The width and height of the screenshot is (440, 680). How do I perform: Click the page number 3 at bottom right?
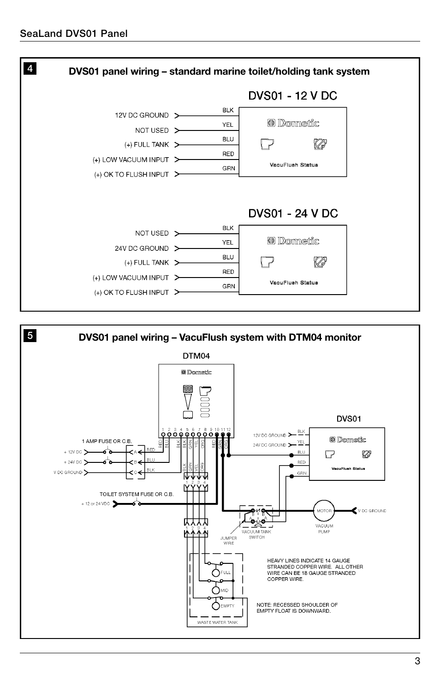click(417, 661)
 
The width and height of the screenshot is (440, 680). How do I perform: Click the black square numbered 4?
click(30, 69)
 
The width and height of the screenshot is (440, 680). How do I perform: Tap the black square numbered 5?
click(30, 336)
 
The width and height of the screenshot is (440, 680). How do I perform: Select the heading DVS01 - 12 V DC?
click(293, 96)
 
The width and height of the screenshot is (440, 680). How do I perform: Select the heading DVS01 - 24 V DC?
click(293, 213)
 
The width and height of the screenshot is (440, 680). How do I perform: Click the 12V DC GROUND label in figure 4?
click(142, 115)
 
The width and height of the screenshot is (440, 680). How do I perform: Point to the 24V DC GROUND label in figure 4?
click(142, 248)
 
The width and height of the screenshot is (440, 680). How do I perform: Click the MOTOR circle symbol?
click(324, 511)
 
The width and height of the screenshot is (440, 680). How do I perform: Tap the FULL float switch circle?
click(216, 573)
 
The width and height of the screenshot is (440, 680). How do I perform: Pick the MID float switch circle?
click(216, 590)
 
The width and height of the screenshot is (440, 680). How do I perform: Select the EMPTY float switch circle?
click(216, 606)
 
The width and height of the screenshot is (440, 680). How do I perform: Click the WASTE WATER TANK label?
click(217, 622)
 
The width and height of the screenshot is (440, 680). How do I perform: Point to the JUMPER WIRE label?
click(229, 540)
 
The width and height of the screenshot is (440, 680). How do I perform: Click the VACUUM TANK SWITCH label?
click(256, 534)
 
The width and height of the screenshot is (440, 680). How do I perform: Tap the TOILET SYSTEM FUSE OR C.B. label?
click(137, 494)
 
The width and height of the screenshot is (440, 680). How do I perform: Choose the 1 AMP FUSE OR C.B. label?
click(107, 441)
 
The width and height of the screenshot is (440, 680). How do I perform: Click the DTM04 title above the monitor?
click(196, 355)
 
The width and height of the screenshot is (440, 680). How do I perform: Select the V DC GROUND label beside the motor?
click(372, 511)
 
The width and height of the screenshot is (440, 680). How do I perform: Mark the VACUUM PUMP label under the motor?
click(324, 528)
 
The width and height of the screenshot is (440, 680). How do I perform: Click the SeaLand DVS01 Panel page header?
click(74, 33)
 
